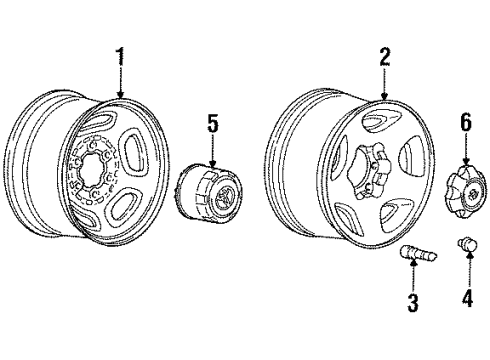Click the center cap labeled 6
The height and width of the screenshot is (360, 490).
[x=465, y=191]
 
